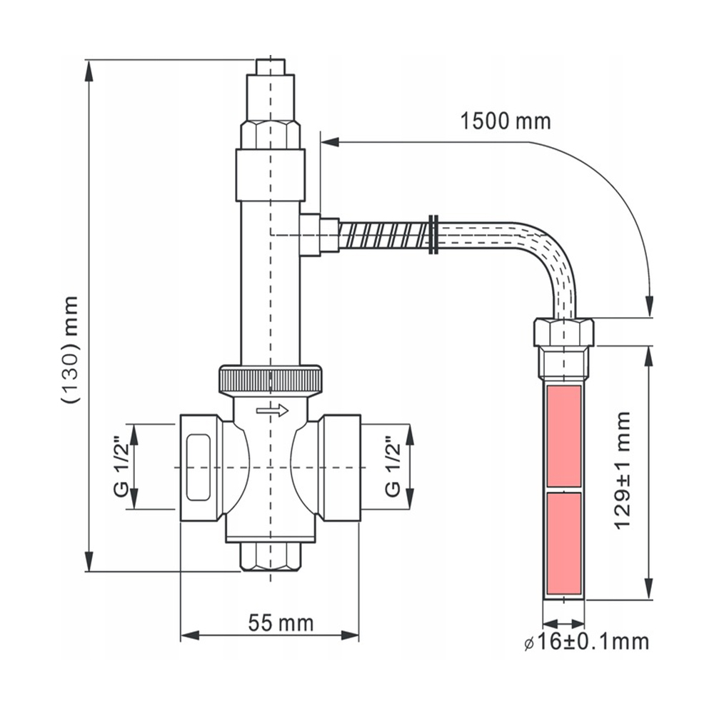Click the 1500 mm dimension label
[x=506, y=121]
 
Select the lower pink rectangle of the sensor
[x=564, y=544]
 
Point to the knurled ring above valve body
[x=271, y=378]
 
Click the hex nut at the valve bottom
[x=271, y=556]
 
